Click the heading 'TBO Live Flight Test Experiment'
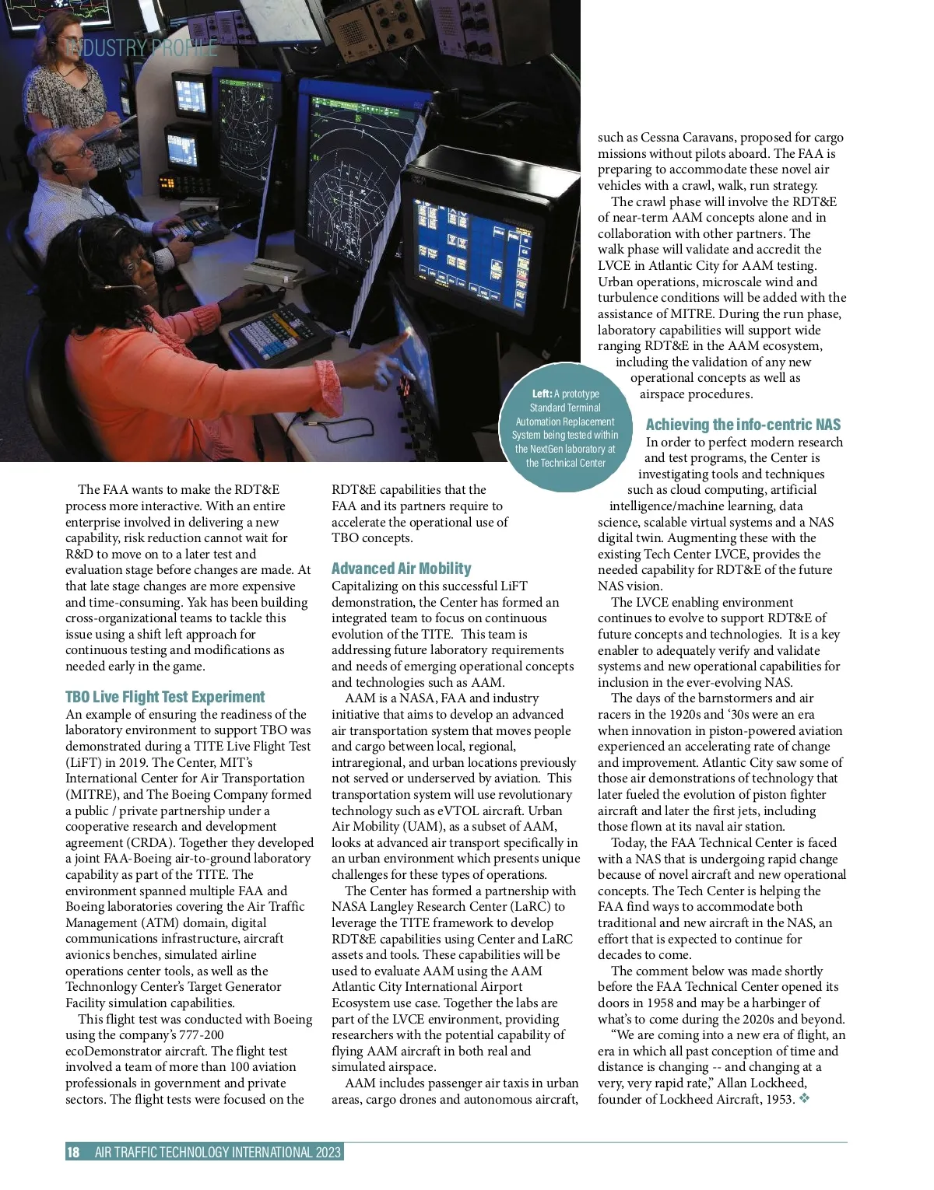[165, 697]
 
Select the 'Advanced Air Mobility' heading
[402, 569]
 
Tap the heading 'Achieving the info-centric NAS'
[743, 425]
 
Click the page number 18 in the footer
[73, 1153]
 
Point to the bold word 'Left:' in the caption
[542, 394]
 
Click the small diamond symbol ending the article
[804, 1099]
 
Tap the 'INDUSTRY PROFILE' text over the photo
[143, 48]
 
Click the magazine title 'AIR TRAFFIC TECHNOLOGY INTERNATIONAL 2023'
[218, 1153]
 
